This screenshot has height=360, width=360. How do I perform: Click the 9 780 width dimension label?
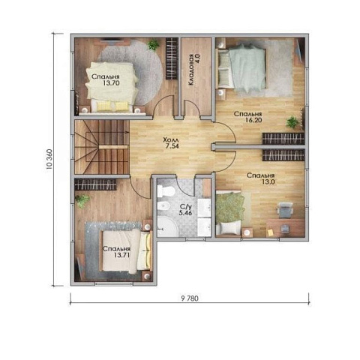(190, 298)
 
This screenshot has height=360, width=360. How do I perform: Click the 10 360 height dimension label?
(49, 160)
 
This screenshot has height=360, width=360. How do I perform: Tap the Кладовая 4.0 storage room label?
(194, 70)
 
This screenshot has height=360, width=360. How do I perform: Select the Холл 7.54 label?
(171, 143)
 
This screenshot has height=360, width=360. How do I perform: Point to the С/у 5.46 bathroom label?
(185, 210)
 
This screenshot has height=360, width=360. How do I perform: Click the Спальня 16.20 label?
(247, 117)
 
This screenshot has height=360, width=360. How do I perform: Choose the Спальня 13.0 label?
(260, 178)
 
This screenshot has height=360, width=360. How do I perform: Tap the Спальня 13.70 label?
(105, 79)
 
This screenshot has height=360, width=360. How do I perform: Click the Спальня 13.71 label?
(116, 252)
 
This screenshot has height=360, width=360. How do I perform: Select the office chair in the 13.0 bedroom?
(285, 210)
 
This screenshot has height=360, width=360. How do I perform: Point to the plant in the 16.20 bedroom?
(292, 122)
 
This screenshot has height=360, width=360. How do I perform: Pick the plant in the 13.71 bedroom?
(82, 200)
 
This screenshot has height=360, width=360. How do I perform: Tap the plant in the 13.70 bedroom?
(153, 45)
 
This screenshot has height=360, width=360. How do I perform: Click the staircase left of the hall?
(102, 147)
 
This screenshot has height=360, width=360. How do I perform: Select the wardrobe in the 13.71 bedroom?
(95, 184)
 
